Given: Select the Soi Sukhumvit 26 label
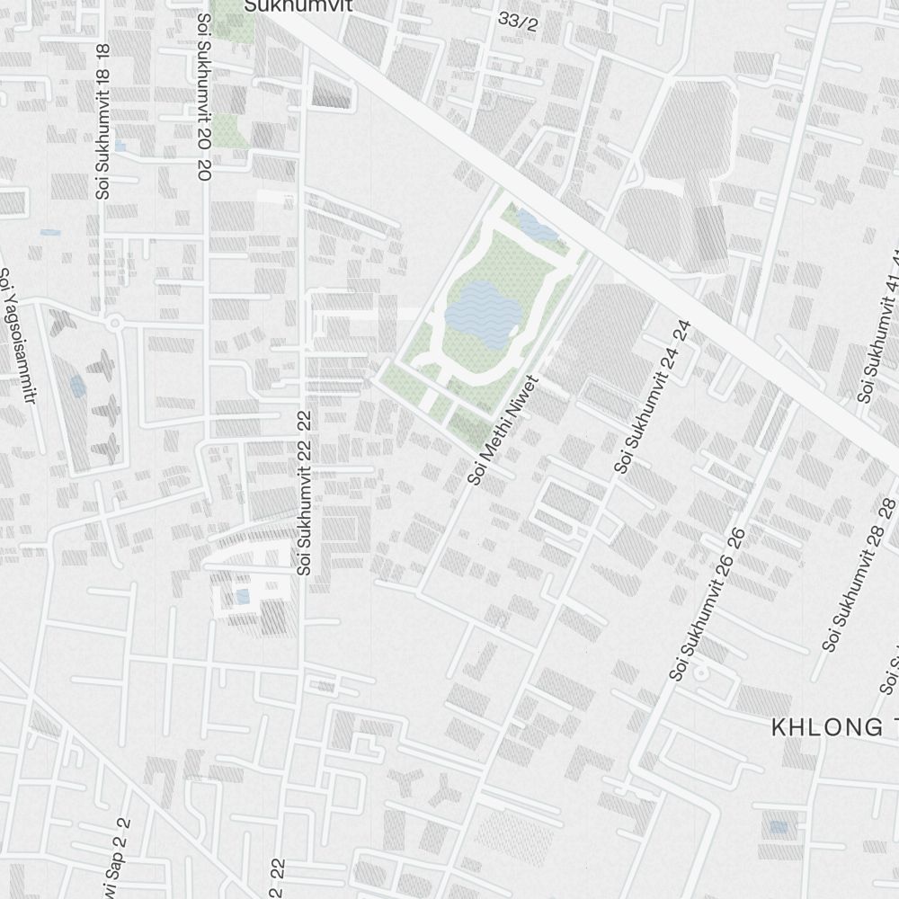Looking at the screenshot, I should (708, 604).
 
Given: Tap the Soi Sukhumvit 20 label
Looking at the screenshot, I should (203, 90).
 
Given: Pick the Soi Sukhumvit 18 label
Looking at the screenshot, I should (102, 121).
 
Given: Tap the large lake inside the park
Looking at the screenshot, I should (482, 315).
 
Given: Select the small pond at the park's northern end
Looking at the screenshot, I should (538, 227).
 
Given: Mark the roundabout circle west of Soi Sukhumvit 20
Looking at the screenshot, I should (114, 322).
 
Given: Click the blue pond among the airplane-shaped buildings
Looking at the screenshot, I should (78, 387).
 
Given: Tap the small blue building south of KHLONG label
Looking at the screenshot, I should (779, 826).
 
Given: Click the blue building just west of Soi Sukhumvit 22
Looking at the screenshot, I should (242, 595).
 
